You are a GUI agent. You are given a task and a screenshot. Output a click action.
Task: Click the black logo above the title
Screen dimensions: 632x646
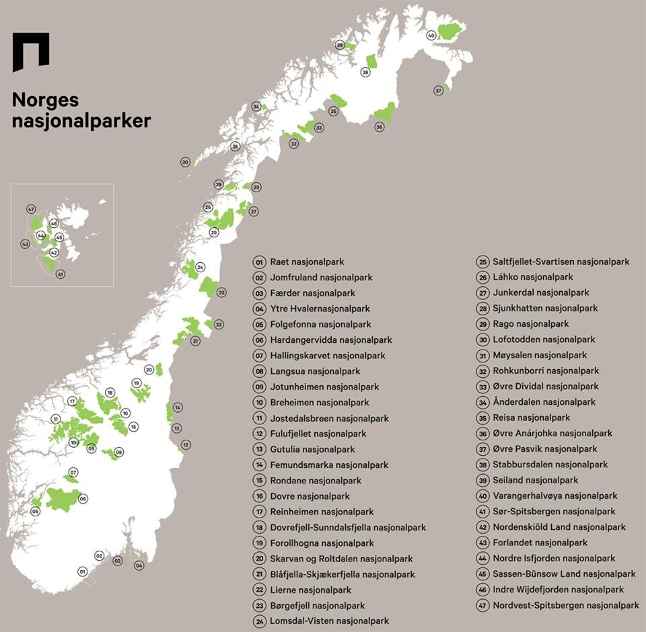[x=31, y=51]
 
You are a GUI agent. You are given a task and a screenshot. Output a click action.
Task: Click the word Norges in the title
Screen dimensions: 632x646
[x=46, y=100]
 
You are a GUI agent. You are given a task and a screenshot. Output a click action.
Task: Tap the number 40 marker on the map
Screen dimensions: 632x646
[x=431, y=36]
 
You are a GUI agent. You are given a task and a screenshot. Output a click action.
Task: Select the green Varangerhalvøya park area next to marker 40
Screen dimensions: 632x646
[x=450, y=31]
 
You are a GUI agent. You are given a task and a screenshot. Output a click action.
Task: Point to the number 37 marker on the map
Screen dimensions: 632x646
[x=438, y=91]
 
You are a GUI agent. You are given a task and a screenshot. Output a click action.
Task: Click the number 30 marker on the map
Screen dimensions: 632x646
[x=185, y=162]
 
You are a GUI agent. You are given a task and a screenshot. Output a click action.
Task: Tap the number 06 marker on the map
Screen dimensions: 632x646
[x=83, y=498]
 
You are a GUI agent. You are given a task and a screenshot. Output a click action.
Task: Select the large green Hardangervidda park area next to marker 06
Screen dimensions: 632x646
[x=62, y=499]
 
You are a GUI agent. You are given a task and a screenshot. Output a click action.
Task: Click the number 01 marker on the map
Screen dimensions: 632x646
[x=83, y=572]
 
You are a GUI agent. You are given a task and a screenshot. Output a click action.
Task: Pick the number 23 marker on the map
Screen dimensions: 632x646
[x=221, y=292]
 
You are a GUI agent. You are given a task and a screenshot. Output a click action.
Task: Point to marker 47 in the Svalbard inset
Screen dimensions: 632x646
[x=31, y=209]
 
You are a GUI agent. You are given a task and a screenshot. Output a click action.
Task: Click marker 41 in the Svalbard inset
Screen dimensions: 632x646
[x=60, y=274]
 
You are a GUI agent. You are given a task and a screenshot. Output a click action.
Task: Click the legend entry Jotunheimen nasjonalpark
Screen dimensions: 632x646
[x=324, y=387]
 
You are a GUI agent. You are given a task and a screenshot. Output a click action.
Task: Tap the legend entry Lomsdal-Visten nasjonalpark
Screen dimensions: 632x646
[x=329, y=621]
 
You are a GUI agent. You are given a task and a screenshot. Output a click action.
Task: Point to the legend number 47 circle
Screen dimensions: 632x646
[x=482, y=606]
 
